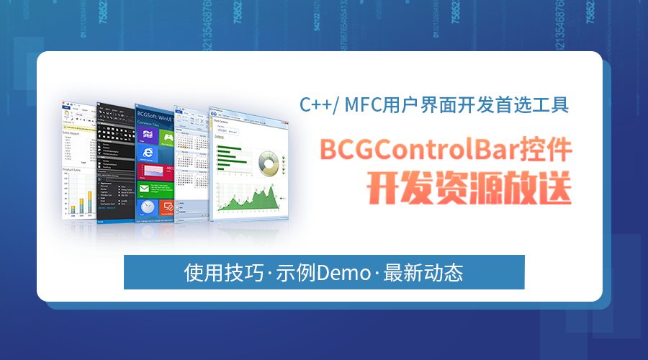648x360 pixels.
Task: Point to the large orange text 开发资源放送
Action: (469, 186)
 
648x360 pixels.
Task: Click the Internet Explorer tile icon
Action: (148, 153)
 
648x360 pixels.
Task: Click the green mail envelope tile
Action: (150, 189)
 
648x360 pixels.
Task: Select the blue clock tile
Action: (147, 207)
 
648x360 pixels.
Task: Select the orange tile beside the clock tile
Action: (167, 207)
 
